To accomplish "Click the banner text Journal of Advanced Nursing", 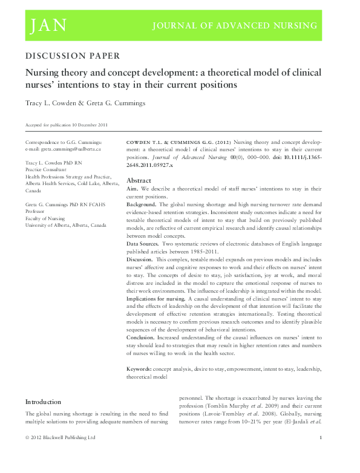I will click(235, 25).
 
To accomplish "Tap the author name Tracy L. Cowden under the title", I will click(46, 105).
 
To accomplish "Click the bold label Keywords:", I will click(142, 368).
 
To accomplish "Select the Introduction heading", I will click(42, 402).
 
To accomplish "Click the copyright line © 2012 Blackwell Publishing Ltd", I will click(60, 454).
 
